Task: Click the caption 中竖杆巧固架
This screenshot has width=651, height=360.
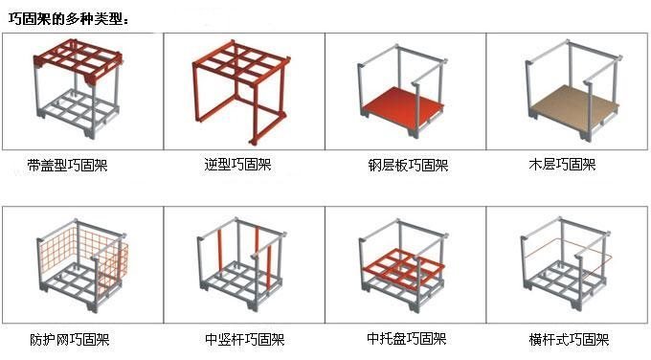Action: click(244, 339)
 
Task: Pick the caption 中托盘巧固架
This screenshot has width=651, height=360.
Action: click(406, 339)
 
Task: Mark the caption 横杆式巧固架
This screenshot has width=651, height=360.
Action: click(569, 339)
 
